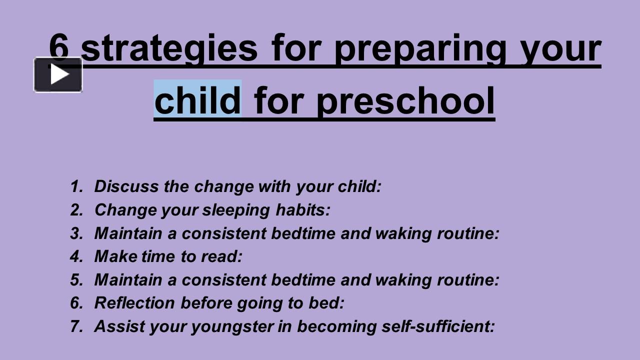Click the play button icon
click(58, 75)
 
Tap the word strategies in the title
click(169, 49)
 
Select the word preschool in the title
click(405, 100)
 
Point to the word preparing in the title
click(419, 49)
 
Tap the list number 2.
click(76, 210)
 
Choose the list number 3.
click(76, 233)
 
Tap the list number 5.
click(76, 280)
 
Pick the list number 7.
click(76, 326)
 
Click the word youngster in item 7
click(232, 326)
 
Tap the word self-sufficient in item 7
click(437, 326)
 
